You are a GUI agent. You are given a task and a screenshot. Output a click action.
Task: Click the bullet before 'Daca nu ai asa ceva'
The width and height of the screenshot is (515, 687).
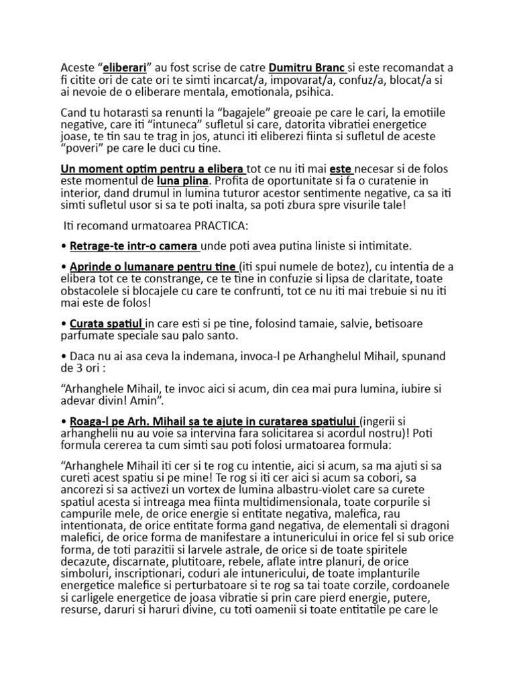coord(64,356)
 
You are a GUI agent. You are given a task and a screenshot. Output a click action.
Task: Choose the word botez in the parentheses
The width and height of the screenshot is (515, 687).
coord(339,268)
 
